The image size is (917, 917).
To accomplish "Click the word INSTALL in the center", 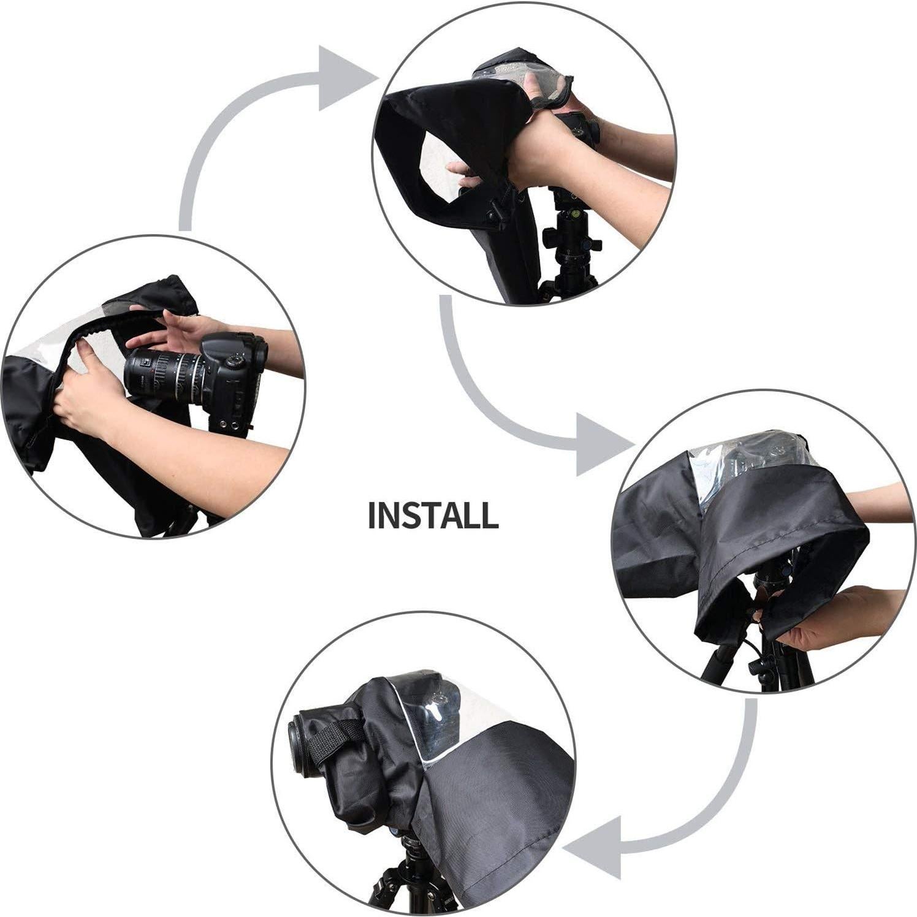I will click(x=433, y=516).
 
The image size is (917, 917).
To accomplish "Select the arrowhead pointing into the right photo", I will click(x=601, y=444).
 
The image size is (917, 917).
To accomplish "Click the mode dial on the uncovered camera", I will click(x=234, y=361).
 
